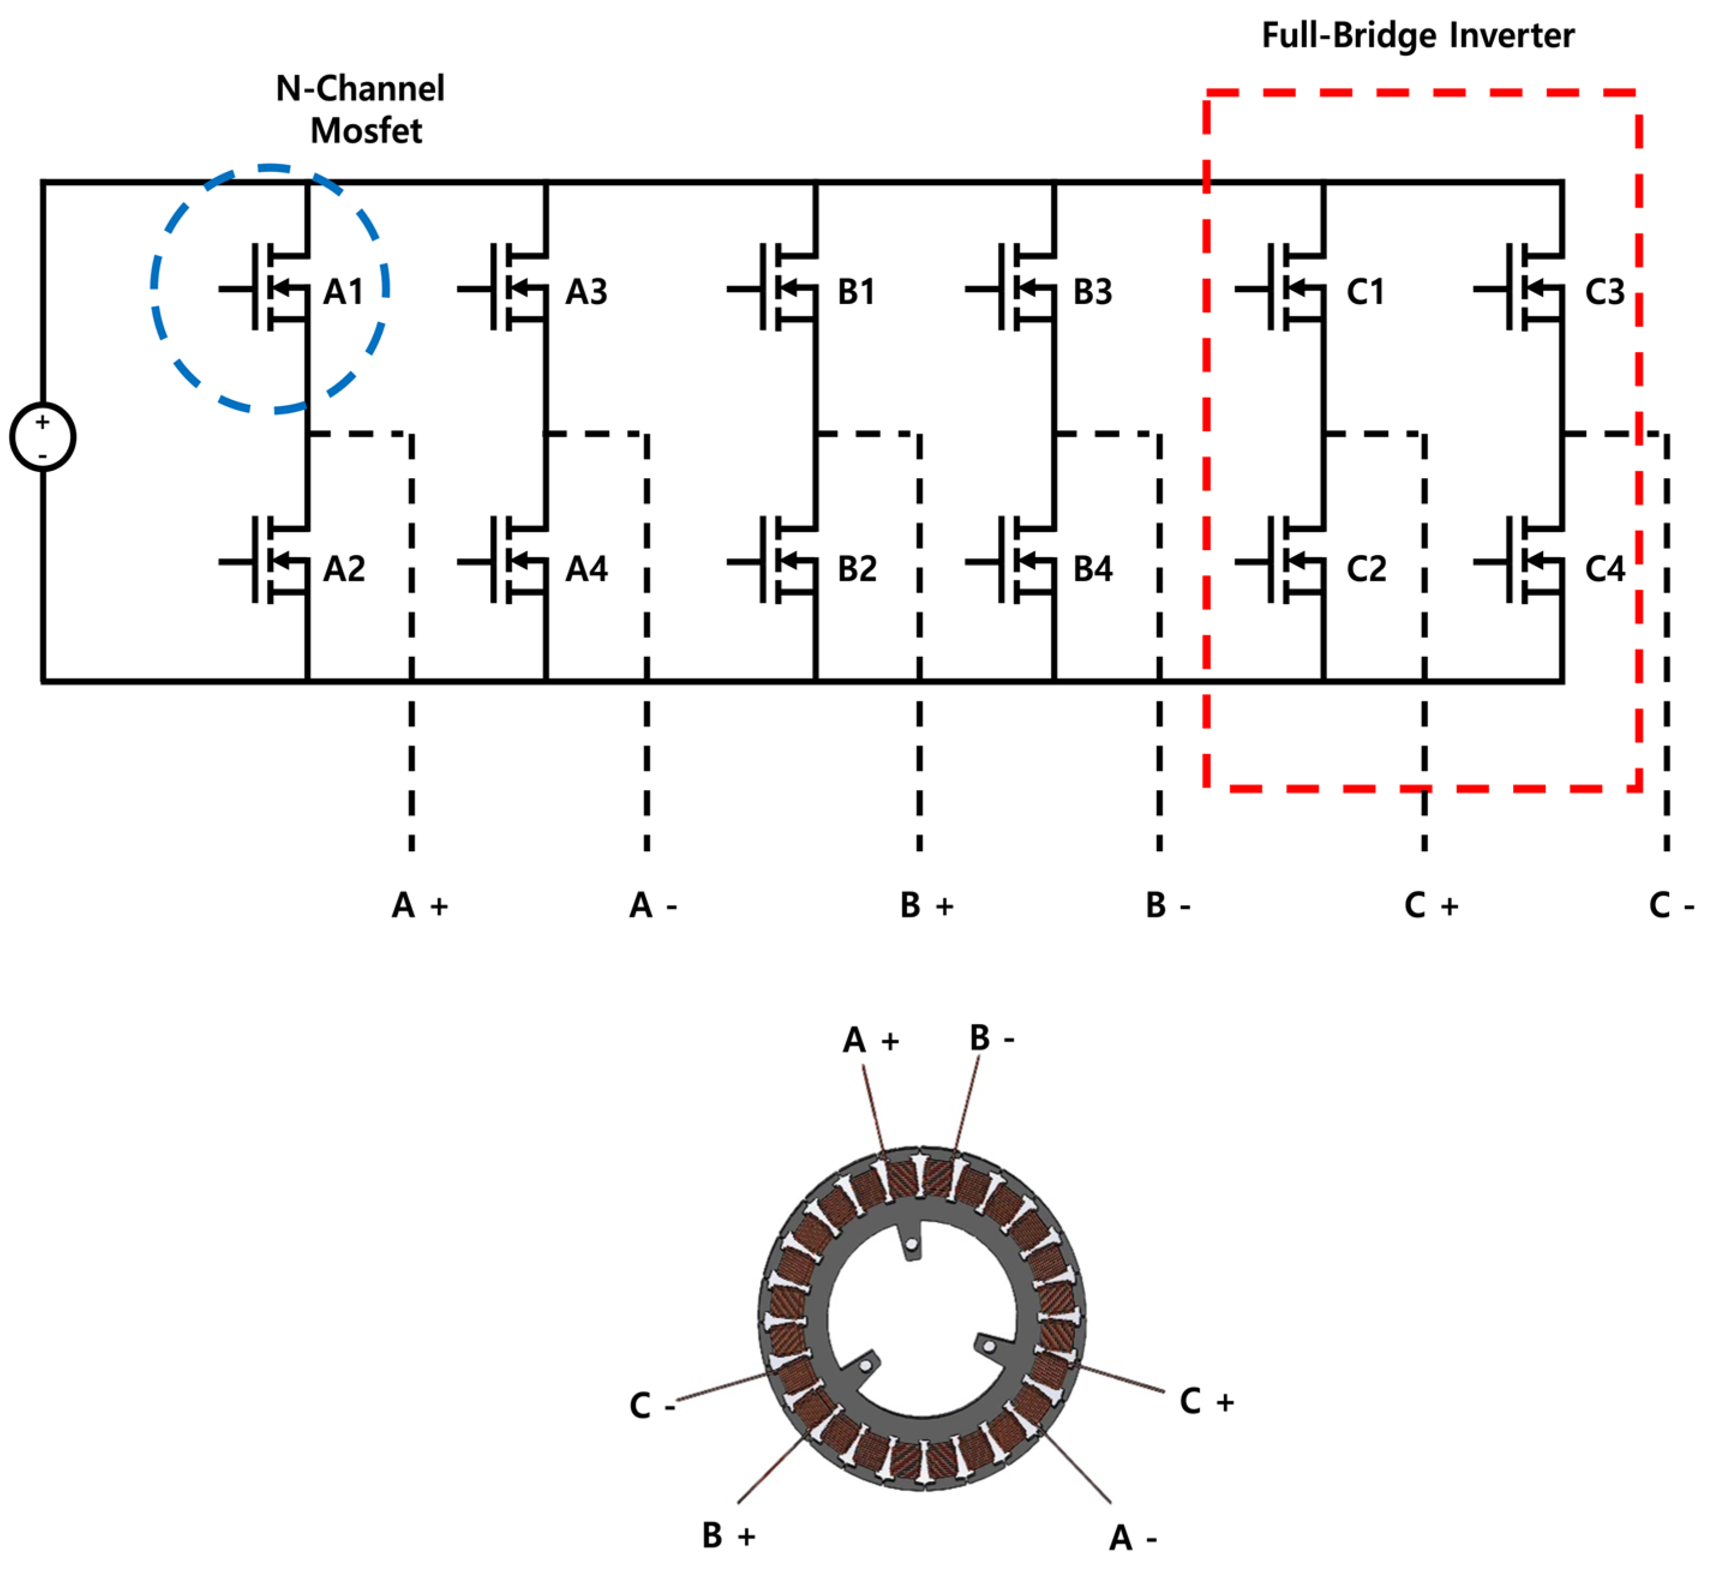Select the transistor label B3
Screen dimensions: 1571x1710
[x=1092, y=292]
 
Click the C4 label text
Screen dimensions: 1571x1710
[x=1604, y=568]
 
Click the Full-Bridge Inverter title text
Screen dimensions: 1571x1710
[x=1417, y=36]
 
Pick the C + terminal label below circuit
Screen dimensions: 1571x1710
[x=1431, y=905]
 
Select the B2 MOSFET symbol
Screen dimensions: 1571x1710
[x=781, y=561]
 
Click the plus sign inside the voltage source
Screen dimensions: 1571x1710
[x=43, y=422]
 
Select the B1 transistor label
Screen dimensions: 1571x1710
[x=856, y=292]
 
